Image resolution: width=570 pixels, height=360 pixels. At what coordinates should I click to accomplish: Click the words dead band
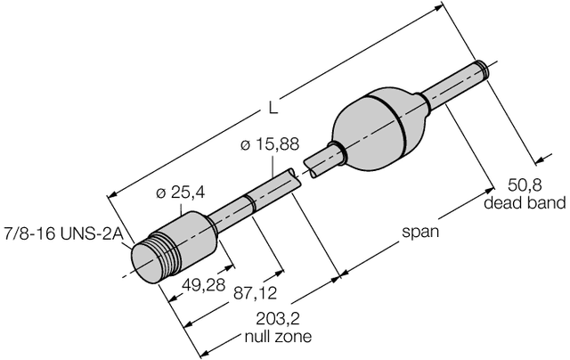click(x=525, y=203)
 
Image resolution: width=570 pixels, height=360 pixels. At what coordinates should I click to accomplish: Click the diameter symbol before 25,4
click(x=160, y=192)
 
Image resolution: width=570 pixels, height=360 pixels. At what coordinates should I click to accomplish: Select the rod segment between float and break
click(x=319, y=162)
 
